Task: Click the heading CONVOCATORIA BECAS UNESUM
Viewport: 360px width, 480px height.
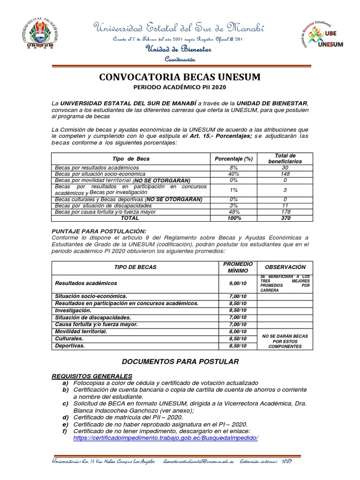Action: point(180,77)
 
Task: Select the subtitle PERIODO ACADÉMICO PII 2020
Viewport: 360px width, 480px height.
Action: point(180,87)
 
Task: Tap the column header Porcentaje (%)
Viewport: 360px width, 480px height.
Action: point(233,159)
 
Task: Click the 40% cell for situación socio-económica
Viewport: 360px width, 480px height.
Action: point(233,174)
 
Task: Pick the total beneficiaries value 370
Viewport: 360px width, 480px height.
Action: point(285,218)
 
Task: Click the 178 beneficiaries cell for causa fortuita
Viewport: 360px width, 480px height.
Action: point(285,212)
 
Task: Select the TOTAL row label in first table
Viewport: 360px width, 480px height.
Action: point(130,218)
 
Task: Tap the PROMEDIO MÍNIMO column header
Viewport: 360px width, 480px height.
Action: point(239,267)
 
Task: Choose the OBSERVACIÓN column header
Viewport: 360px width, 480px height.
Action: point(285,267)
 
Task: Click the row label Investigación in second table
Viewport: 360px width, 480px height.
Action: point(73,310)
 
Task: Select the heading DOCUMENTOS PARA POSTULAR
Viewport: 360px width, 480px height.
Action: point(180,361)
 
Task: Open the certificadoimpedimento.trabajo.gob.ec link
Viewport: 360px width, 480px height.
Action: point(166,437)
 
